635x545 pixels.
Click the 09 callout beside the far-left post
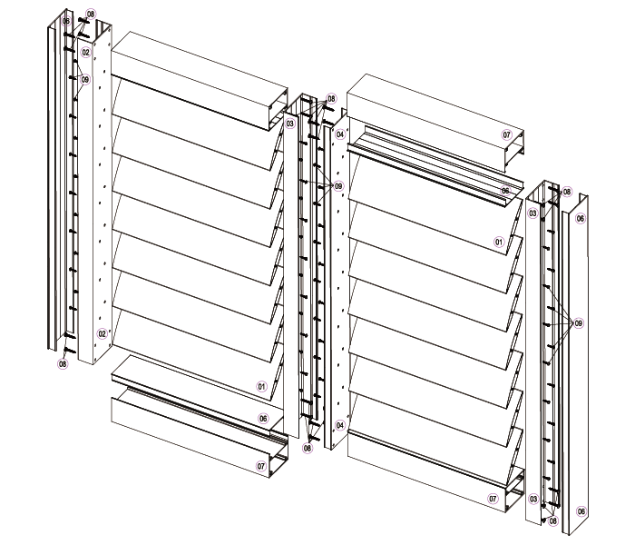coord(85,80)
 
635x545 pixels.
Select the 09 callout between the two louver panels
coord(338,186)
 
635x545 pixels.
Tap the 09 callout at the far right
coord(579,323)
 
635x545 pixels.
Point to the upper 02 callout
coord(85,53)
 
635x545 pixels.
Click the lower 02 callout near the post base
coord(102,333)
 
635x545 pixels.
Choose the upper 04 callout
coord(340,134)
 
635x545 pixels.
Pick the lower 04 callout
coord(340,425)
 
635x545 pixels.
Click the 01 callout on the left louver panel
coord(262,386)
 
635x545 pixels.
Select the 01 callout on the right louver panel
coord(499,243)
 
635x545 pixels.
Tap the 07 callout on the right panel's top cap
coord(507,134)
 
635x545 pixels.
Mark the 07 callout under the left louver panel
coord(262,466)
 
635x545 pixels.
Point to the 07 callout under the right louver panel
coord(493,499)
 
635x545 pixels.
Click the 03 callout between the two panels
coord(290,124)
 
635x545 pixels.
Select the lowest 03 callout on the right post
coord(533,499)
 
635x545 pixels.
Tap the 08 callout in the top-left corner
coord(91,15)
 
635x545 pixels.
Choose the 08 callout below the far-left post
coord(63,363)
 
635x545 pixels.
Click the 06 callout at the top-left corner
coord(66,21)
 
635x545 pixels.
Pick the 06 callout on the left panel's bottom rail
coord(263,418)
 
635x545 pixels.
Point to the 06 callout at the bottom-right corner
coord(581,511)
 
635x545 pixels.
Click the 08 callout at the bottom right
coord(552,521)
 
